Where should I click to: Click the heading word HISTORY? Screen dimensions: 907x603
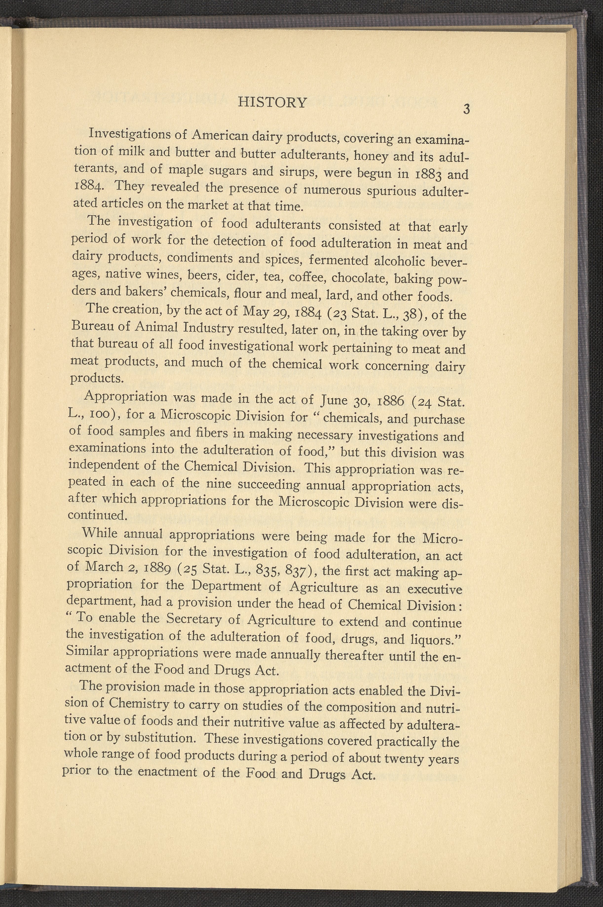tap(273, 102)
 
